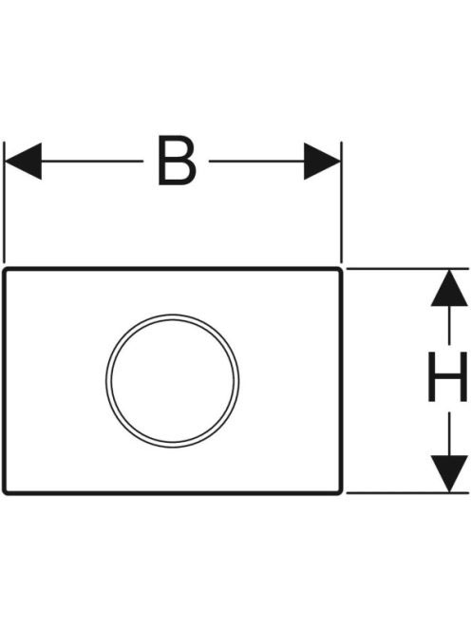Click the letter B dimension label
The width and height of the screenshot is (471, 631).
[177, 161]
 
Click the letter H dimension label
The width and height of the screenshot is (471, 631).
[447, 376]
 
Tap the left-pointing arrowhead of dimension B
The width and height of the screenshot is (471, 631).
[23, 161]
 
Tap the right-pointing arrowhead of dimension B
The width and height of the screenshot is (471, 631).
[322, 161]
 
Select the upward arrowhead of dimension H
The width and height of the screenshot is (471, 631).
[449, 288]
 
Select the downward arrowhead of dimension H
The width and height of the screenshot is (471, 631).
[449, 473]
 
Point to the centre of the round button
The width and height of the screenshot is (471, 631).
[173, 381]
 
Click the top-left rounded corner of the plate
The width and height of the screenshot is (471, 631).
[6, 271]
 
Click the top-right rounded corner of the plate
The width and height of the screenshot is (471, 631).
[340, 271]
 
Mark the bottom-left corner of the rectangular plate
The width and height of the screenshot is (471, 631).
[6, 491]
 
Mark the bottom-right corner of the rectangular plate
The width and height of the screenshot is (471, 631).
[340, 491]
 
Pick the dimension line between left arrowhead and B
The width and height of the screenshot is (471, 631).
[92, 161]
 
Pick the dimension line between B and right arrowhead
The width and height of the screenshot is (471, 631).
[256, 161]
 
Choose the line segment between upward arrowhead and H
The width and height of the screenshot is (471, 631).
[449, 326]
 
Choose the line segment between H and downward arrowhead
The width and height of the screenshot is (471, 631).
[449, 433]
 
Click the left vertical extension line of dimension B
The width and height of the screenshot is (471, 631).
[4, 202]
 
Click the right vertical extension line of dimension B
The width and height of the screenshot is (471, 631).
[341, 202]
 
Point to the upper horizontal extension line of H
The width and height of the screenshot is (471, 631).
[407, 268]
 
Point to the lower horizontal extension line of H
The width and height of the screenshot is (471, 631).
[407, 492]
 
